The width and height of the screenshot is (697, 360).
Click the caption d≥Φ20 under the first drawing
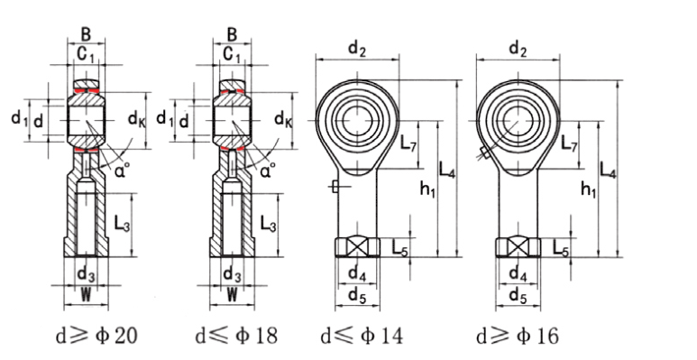click(x=96, y=336)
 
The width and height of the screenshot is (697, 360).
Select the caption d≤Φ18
click(x=236, y=336)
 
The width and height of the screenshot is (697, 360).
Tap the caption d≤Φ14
click(x=362, y=336)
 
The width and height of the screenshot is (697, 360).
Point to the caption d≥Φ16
click(x=517, y=336)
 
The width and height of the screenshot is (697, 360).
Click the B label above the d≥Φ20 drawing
click(x=86, y=34)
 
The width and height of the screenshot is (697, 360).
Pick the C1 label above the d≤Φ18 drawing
click(x=232, y=55)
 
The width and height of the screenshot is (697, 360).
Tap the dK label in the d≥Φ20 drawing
click(x=136, y=119)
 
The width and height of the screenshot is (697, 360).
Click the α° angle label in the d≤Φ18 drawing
click(x=267, y=170)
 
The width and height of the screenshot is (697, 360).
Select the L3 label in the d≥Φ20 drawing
click(x=123, y=224)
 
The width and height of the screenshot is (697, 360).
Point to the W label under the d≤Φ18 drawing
click(x=232, y=295)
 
